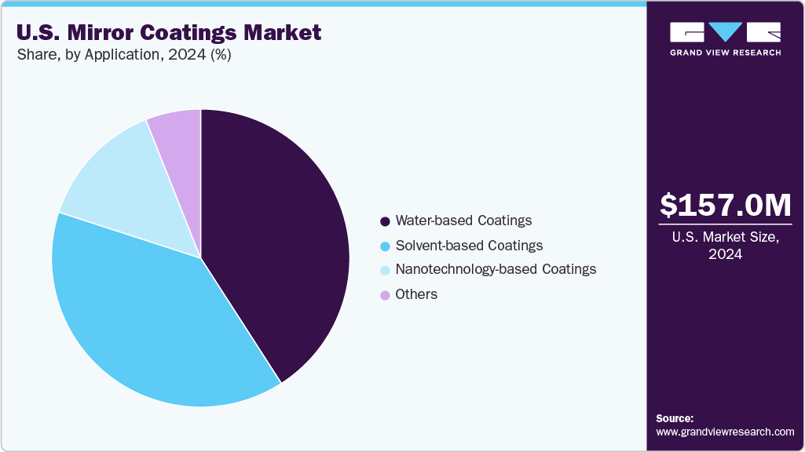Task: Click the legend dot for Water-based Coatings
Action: (x=385, y=221)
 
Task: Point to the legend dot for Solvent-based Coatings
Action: (x=385, y=246)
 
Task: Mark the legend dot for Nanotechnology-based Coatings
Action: (x=385, y=271)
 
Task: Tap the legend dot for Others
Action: (x=385, y=296)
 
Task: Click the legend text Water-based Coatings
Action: (x=463, y=221)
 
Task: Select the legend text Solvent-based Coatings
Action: (x=469, y=246)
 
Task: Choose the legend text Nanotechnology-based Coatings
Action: (x=496, y=269)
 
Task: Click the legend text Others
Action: (x=416, y=294)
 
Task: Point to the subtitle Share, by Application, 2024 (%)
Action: (x=123, y=55)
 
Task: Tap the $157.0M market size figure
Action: (x=725, y=206)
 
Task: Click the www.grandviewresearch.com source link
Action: (x=725, y=432)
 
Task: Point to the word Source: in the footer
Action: (x=675, y=418)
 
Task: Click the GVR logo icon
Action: (x=725, y=32)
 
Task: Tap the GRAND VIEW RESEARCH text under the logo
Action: (x=725, y=53)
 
